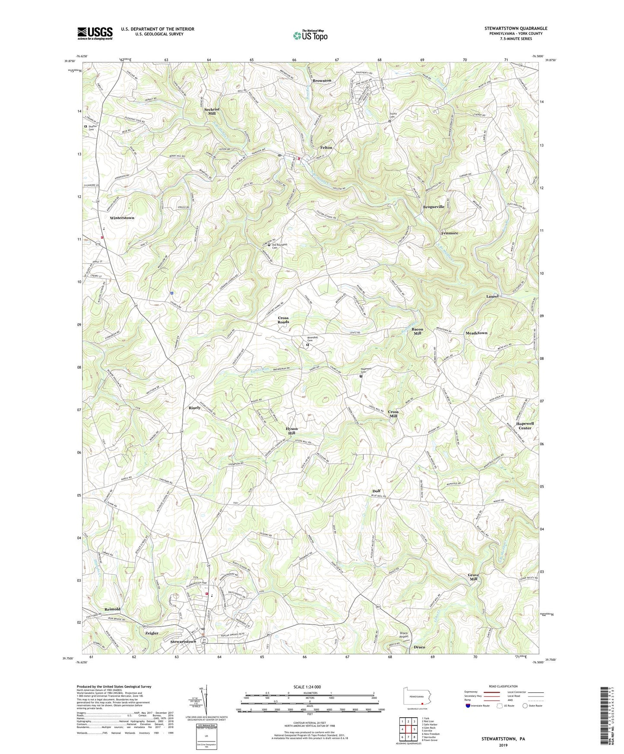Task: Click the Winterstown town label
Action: (x=122, y=218)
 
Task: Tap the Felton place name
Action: (x=326, y=148)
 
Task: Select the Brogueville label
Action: (x=434, y=207)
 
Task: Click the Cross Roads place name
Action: (x=283, y=320)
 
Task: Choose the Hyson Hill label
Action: (x=291, y=431)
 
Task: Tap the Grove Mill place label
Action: (x=473, y=577)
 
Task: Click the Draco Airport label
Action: (x=403, y=635)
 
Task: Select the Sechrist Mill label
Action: (x=212, y=111)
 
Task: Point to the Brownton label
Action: (x=322, y=81)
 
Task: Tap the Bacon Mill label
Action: (x=417, y=331)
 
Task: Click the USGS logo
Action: (x=95, y=33)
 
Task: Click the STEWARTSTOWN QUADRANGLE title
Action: (x=516, y=29)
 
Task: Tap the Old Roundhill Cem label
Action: (x=279, y=246)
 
